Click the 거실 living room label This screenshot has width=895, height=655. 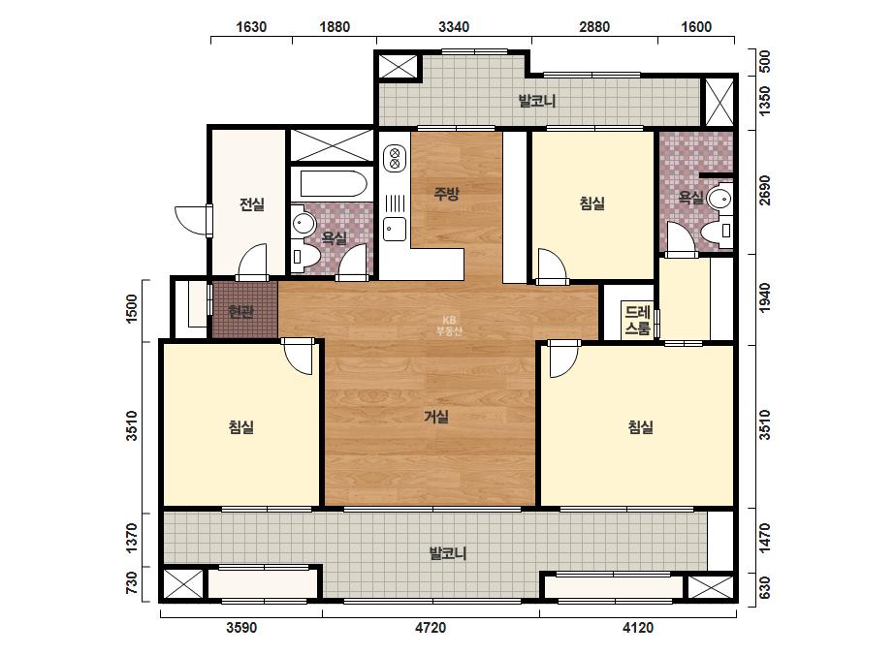tap(436, 417)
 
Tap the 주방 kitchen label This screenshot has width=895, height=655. tap(446, 194)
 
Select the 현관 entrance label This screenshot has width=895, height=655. tap(240, 312)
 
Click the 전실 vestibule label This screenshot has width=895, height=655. tap(252, 204)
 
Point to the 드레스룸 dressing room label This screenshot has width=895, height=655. tap(638, 320)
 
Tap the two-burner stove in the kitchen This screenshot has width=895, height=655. tap(394, 158)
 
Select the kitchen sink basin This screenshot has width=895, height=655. tap(395, 229)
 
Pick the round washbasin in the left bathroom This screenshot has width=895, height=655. tap(304, 223)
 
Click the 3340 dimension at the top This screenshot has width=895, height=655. tap(454, 27)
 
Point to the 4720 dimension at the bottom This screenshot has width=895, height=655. tap(431, 628)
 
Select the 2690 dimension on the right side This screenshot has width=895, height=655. tap(765, 190)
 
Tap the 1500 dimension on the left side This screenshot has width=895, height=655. tap(132, 309)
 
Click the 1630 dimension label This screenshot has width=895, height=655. tap(251, 27)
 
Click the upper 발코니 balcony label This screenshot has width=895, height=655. tap(536, 101)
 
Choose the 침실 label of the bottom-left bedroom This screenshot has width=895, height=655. tap(240, 426)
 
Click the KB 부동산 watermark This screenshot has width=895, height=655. tap(449, 326)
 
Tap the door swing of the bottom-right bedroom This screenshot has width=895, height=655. tap(562, 360)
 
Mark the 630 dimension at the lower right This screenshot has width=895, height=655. tap(765, 588)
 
